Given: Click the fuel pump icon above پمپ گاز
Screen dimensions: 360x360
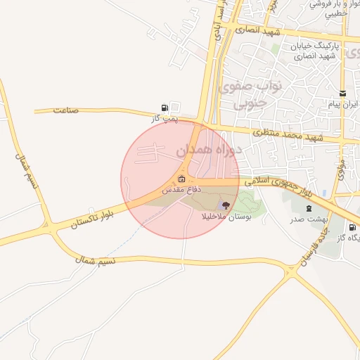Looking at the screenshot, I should [165, 108].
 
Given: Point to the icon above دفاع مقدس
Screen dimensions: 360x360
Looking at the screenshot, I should [182, 179].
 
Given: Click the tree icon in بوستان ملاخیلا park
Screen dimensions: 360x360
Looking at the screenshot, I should [225, 205].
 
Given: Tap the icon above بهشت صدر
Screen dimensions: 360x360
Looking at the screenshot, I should [309, 209].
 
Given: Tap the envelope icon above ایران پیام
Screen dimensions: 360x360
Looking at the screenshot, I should [342, 94].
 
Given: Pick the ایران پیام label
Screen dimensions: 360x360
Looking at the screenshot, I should [343, 104].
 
